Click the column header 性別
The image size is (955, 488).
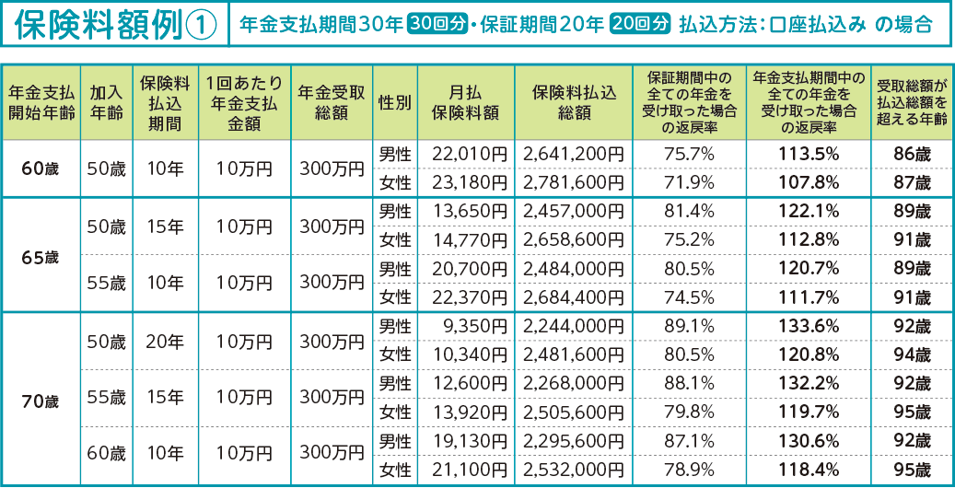point(394,102)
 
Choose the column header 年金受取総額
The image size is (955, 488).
point(331,102)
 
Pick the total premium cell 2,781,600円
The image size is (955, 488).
point(573,182)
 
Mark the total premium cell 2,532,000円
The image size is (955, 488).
point(573,471)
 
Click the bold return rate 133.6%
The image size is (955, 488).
point(809,325)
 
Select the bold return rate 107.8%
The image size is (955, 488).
point(809,182)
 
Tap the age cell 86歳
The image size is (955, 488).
point(911,154)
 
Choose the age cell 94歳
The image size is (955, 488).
point(911,354)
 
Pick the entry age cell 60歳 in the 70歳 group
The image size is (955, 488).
point(106,455)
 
